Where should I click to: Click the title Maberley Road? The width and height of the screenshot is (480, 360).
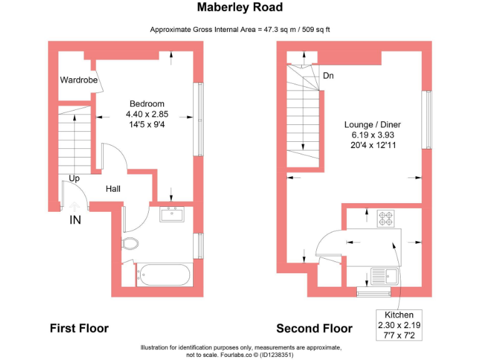point(240,7)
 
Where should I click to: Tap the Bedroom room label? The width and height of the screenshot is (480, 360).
point(147,104)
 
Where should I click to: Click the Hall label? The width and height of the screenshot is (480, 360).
point(113,189)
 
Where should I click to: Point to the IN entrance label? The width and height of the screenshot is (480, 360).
point(75,219)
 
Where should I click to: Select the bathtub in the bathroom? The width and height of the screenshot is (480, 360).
point(164,274)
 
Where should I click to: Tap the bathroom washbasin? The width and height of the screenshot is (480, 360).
point(172,214)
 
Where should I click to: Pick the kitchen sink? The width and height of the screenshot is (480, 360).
point(383,275)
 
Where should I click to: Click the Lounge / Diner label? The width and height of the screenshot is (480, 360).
point(372,124)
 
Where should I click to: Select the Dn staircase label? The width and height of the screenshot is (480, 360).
point(328,76)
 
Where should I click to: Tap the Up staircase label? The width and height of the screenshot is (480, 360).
point(74,178)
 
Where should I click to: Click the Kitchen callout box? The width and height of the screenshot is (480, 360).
point(399,324)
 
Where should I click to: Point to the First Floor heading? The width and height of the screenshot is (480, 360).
point(79,328)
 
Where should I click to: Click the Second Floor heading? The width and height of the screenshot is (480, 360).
point(314,328)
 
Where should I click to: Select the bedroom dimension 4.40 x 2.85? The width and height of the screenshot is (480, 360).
point(147,114)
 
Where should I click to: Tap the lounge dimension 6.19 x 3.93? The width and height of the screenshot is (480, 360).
point(372,134)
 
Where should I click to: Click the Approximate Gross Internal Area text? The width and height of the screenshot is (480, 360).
point(240,29)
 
